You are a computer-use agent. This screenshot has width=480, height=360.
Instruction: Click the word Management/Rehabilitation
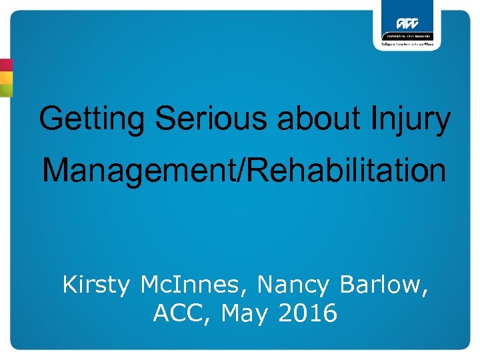point(244,171)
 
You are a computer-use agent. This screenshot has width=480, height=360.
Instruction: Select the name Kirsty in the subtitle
point(97,285)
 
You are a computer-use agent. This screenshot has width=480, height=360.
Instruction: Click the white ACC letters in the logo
point(407,23)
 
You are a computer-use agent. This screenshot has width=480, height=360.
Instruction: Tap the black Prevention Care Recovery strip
point(407,36)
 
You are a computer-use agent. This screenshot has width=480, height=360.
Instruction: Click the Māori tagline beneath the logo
point(407,44)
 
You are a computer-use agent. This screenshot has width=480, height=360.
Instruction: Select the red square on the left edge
point(6,65)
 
